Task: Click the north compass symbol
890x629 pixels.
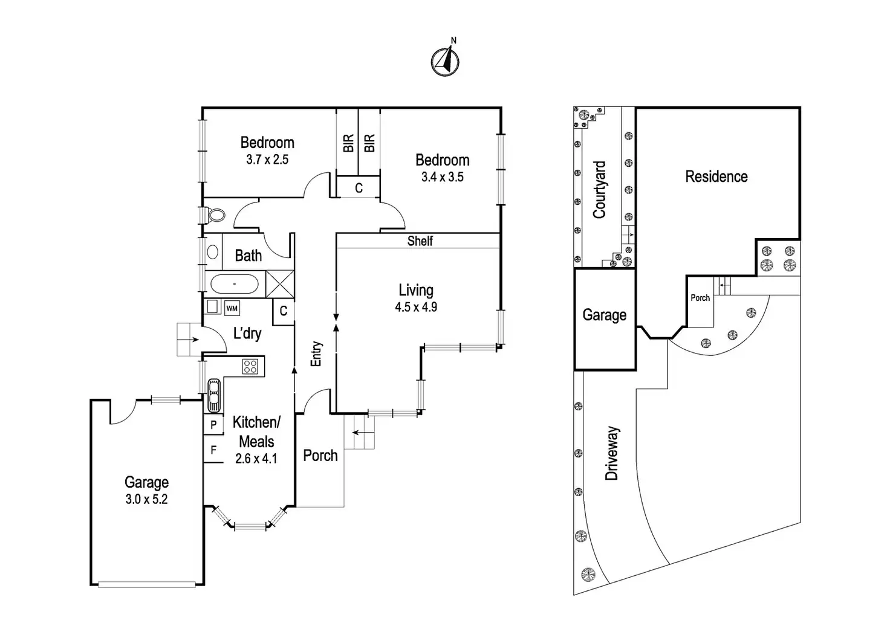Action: pyautogui.click(x=445, y=61)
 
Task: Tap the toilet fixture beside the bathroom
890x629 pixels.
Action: pyautogui.click(x=215, y=215)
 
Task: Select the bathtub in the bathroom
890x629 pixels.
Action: pyautogui.click(x=234, y=284)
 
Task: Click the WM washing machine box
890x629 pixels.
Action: pyautogui.click(x=232, y=308)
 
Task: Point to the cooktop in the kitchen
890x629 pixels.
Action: pyautogui.click(x=250, y=366)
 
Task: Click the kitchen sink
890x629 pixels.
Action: pyautogui.click(x=213, y=394)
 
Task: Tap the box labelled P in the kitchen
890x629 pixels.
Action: pyautogui.click(x=213, y=425)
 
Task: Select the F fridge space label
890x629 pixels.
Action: pyautogui.click(x=213, y=450)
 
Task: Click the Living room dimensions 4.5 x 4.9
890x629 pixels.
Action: pyautogui.click(x=416, y=307)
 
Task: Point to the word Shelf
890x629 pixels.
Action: pyautogui.click(x=420, y=241)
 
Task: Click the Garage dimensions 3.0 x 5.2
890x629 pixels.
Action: pyautogui.click(x=146, y=499)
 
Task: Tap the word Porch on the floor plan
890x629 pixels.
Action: pyautogui.click(x=320, y=456)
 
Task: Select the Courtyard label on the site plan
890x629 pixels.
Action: pyautogui.click(x=599, y=189)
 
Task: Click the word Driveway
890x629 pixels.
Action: pyautogui.click(x=612, y=453)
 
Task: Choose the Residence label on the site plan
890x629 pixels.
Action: pyautogui.click(x=716, y=176)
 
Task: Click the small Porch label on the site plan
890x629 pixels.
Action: pyautogui.click(x=700, y=298)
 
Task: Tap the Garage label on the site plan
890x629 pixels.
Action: pyautogui.click(x=604, y=315)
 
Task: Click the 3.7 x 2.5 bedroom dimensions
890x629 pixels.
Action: pyautogui.click(x=267, y=160)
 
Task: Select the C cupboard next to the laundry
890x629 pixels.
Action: pyautogui.click(x=283, y=312)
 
